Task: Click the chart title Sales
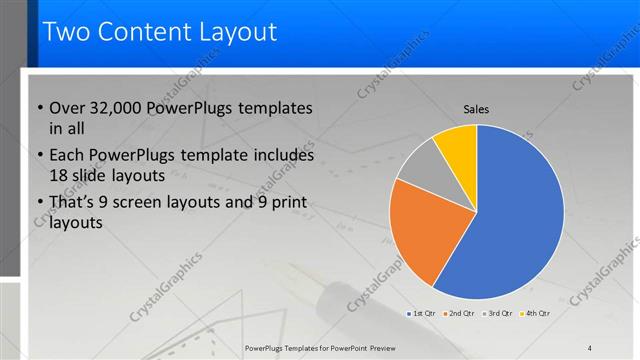click(476, 109)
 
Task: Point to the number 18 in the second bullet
click(59, 176)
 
